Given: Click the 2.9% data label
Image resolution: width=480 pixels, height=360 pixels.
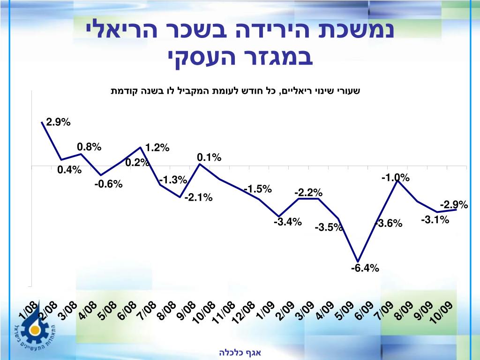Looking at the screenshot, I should pyautogui.click(x=58, y=123).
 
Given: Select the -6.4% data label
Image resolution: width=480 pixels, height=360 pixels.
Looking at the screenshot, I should pyautogui.click(x=365, y=269).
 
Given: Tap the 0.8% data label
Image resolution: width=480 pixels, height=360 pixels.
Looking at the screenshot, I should pyautogui.click(x=89, y=147).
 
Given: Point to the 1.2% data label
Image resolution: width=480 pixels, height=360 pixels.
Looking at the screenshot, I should pyautogui.click(x=157, y=148).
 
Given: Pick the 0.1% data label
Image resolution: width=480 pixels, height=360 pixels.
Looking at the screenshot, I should pyautogui.click(x=209, y=157).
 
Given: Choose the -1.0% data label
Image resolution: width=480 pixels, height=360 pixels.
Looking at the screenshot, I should pyautogui.click(x=395, y=178).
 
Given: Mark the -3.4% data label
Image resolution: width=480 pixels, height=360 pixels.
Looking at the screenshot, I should pyautogui.click(x=287, y=222).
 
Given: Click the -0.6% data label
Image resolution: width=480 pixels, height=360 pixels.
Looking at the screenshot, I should pyautogui.click(x=108, y=184).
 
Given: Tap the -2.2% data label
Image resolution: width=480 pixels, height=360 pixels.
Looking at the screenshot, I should pyautogui.click(x=308, y=193).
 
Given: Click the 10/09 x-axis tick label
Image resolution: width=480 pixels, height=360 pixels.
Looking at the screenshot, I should pyautogui.click(x=442, y=312).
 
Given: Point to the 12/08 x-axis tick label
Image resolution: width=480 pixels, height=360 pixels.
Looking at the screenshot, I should pyautogui.click(x=244, y=312).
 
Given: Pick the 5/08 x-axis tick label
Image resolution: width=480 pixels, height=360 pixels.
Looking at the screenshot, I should pyautogui.click(x=107, y=310).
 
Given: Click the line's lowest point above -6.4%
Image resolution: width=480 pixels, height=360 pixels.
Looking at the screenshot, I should pyautogui.click(x=358, y=262).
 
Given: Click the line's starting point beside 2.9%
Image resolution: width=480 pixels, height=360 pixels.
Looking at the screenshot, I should pyautogui.click(x=42, y=122).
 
